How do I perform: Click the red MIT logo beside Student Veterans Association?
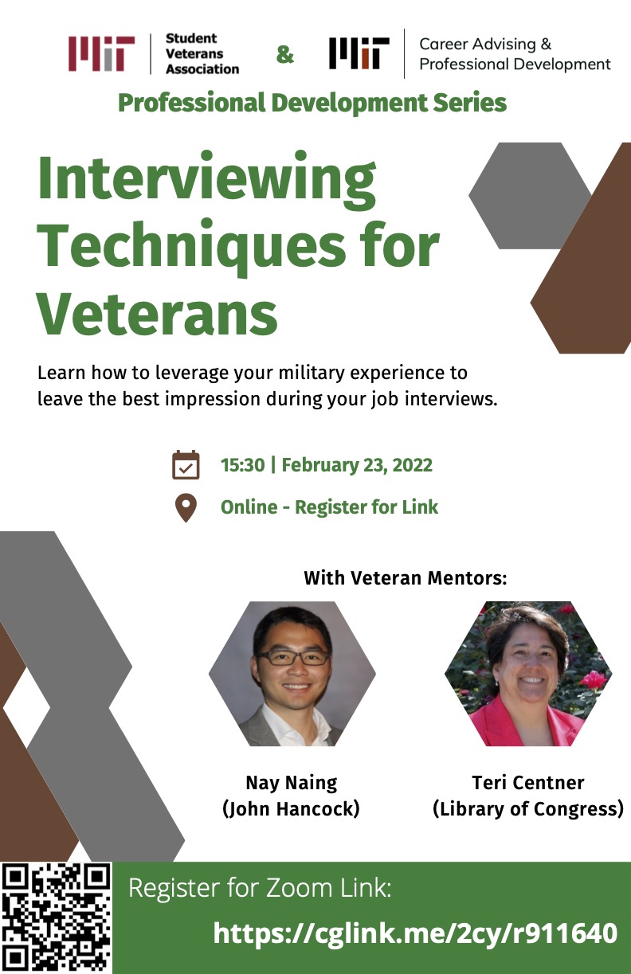click(x=101, y=53)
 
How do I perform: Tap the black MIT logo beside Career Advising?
click(x=359, y=53)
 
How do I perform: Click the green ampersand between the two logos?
click(x=285, y=55)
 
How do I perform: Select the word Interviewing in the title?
click(x=206, y=181)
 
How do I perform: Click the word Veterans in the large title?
click(x=158, y=313)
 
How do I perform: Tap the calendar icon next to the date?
click(x=186, y=465)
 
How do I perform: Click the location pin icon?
click(x=186, y=508)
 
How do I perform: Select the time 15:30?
click(x=243, y=465)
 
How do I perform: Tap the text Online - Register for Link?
click(x=329, y=507)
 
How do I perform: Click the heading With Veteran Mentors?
click(x=406, y=578)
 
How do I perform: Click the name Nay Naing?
click(x=292, y=783)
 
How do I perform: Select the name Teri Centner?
click(x=528, y=783)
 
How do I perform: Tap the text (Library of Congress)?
click(x=528, y=809)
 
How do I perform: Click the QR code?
click(x=56, y=918)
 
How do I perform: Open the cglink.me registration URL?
click(x=415, y=933)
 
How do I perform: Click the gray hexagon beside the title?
click(x=530, y=196)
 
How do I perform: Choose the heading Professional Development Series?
click(x=312, y=103)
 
